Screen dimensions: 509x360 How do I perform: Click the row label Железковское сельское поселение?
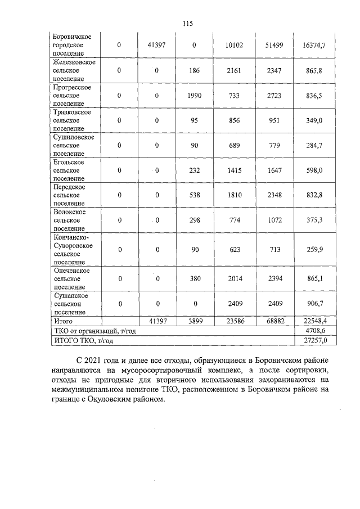[73, 71]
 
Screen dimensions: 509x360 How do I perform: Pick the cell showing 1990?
[193, 96]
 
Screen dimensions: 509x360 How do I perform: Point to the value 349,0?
[315, 121]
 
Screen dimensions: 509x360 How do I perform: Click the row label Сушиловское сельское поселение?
[73, 145]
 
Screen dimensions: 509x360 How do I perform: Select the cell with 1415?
[233, 170]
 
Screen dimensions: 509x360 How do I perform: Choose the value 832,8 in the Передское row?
[315, 195]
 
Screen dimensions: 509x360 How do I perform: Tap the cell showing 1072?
[272, 220]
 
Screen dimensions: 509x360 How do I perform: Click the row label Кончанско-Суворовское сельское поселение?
[73, 249]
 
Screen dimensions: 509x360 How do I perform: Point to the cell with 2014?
[233, 278]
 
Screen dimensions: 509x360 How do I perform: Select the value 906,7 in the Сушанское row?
[315, 303]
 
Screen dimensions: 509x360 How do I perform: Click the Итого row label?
[62, 321]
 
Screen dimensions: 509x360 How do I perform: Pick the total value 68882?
[272, 321]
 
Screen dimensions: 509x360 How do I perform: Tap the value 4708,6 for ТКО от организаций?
[315, 331]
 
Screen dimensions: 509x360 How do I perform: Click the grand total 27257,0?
[315, 340]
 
